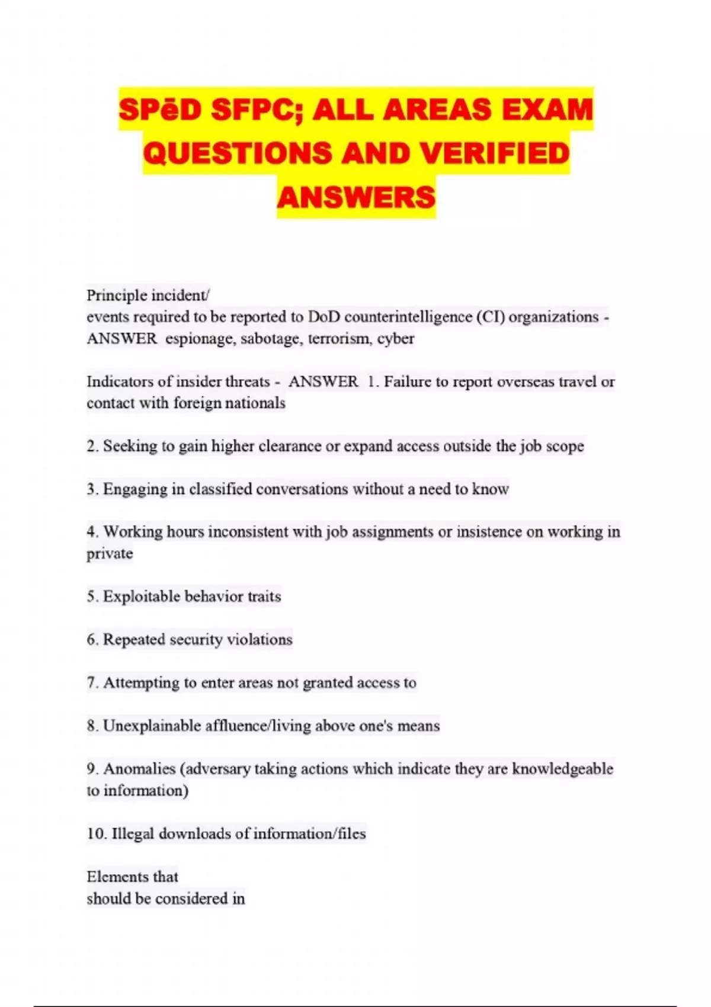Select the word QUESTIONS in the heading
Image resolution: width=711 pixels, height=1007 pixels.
[x=237, y=153]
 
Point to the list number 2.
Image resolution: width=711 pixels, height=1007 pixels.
[x=92, y=446]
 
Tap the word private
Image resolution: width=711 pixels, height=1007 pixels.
[x=110, y=554]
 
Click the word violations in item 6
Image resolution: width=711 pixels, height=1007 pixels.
[x=260, y=640]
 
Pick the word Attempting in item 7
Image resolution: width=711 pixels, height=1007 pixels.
[x=141, y=683]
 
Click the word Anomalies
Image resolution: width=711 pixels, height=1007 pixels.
[x=139, y=769]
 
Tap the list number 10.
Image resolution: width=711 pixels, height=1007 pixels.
[x=97, y=833]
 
